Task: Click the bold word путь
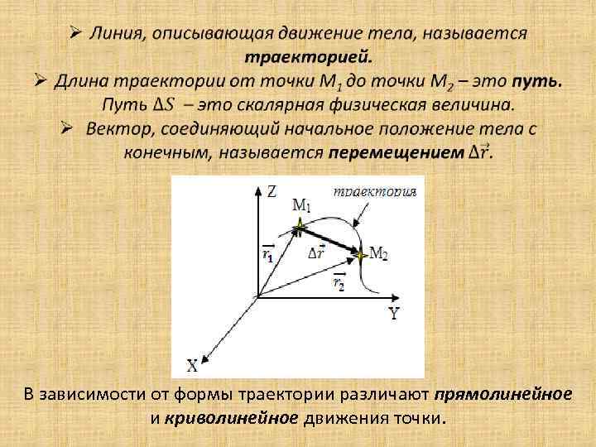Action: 537,82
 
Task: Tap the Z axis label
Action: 272,192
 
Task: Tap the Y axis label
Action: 394,314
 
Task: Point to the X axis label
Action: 192,363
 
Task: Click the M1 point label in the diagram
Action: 302,204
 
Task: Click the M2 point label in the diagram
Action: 377,253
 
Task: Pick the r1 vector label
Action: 267,253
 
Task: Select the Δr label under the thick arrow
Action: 315,252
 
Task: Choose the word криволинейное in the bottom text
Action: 231,417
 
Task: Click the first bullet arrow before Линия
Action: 74,33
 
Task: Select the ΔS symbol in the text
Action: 162,106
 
